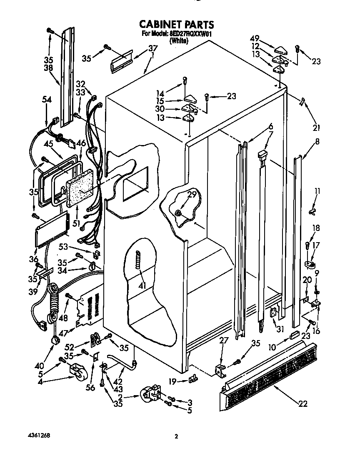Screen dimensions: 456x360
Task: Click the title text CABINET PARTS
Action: tap(176, 24)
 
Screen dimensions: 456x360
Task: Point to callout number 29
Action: tap(191, 195)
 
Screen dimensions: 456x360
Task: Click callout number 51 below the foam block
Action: tap(76, 223)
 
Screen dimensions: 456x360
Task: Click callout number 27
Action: tap(224, 340)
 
